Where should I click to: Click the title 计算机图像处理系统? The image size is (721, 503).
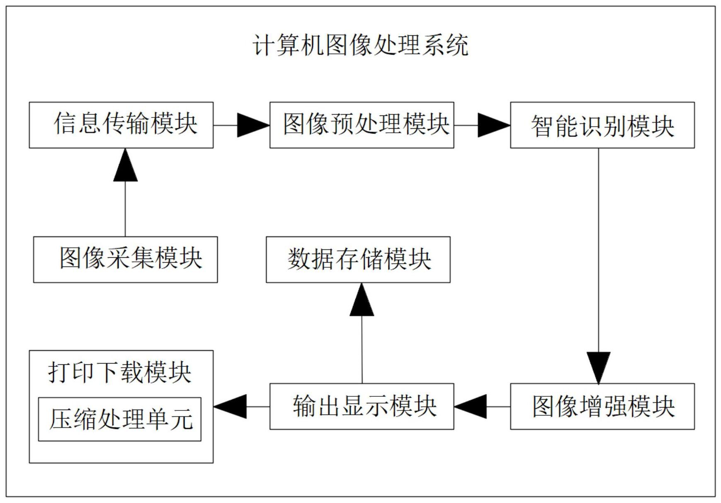pyautogui.click(x=360, y=45)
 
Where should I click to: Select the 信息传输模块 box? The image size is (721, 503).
pyautogui.click(x=121, y=125)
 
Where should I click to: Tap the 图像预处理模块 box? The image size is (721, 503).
pyautogui.click(x=362, y=125)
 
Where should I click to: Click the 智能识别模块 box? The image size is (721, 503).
pyautogui.click(x=602, y=125)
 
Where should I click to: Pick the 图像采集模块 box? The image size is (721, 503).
pyautogui.click(x=125, y=259)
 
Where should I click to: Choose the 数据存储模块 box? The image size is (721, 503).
pyautogui.click(x=358, y=259)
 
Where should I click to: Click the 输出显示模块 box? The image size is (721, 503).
pyautogui.click(x=362, y=406)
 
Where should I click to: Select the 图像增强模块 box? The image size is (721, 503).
pyautogui.click(x=602, y=406)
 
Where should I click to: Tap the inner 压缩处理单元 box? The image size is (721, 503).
pyautogui.click(x=119, y=419)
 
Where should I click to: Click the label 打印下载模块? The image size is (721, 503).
pyautogui.click(x=119, y=372)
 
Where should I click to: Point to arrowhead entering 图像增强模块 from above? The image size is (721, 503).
pyautogui.click(x=598, y=367)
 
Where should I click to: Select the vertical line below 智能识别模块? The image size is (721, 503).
pyautogui.click(x=598, y=249)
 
